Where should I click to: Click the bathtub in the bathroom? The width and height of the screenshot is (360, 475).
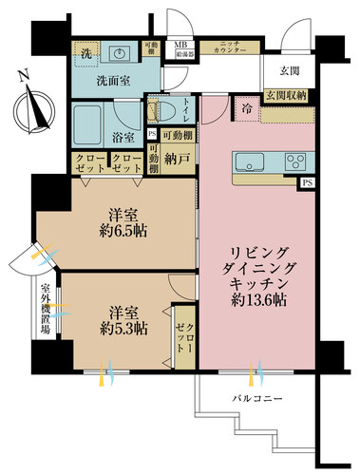pos(91,124)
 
